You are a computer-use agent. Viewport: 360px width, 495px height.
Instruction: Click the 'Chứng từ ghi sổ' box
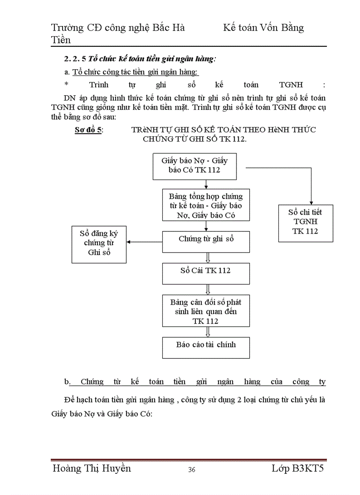pyautogui.click(x=206, y=242)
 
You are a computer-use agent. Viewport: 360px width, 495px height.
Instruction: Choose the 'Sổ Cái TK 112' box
pyautogui.click(x=206, y=273)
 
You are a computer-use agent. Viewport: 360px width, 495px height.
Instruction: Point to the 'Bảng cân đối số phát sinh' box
pyautogui.click(x=206, y=311)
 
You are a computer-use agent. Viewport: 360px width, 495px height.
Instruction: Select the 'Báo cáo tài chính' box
pyautogui.click(x=206, y=347)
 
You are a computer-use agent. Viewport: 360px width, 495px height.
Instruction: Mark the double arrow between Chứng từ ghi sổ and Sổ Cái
pyautogui.click(x=207, y=257)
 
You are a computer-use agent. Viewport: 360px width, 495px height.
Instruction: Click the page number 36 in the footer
pyautogui.click(x=191, y=469)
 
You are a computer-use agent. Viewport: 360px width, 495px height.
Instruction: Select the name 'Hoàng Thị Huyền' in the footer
pyautogui.click(x=91, y=468)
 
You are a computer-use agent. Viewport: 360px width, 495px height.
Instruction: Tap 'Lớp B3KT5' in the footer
pyautogui.click(x=297, y=468)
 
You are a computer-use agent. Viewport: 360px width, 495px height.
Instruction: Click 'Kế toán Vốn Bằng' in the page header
pyautogui.click(x=263, y=28)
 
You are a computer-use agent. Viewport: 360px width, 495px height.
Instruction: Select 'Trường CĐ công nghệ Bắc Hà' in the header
pyautogui.click(x=118, y=28)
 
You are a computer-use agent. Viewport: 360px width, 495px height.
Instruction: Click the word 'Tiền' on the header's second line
pyautogui.click(x=61, y=40)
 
